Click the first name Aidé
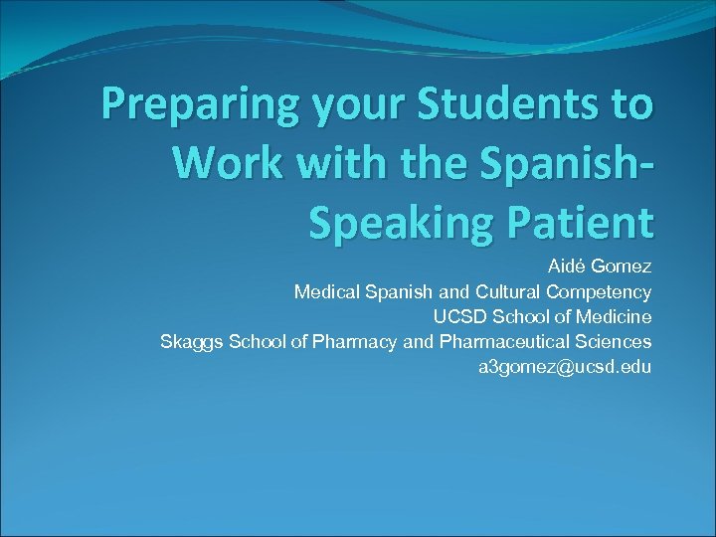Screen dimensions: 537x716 click(x=567, y=267)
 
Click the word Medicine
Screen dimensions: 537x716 click(x=617, y=317)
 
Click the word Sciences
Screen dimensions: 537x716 click(x=617, y=342)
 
